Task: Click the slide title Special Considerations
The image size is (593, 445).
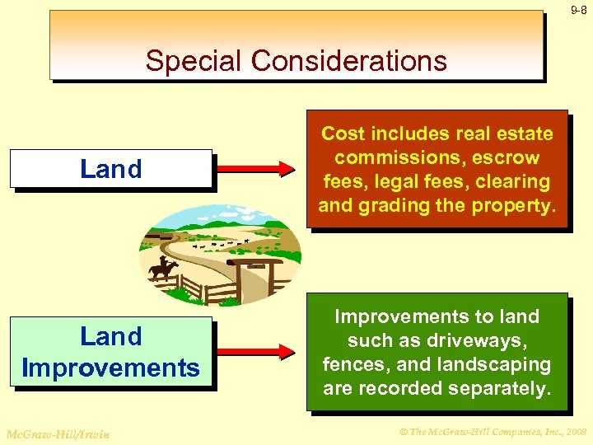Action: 296,60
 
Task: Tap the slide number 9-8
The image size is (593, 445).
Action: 578,11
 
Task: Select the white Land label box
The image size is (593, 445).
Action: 111,169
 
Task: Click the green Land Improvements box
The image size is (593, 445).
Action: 111,352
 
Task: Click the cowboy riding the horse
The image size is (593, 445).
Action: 163,267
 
